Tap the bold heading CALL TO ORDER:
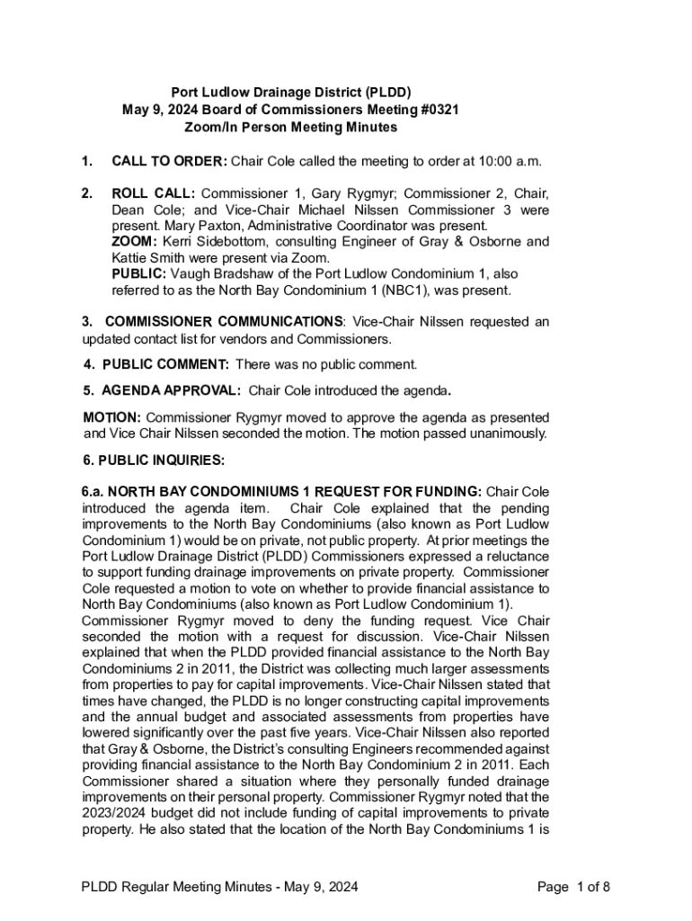click(169, 162)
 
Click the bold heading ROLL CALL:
click(153, 193)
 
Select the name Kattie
click(131, 258)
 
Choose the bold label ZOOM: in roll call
click(135, 242)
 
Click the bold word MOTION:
click(112, 417)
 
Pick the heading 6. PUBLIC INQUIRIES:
click(153, 460)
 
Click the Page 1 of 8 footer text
click(573, 888)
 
